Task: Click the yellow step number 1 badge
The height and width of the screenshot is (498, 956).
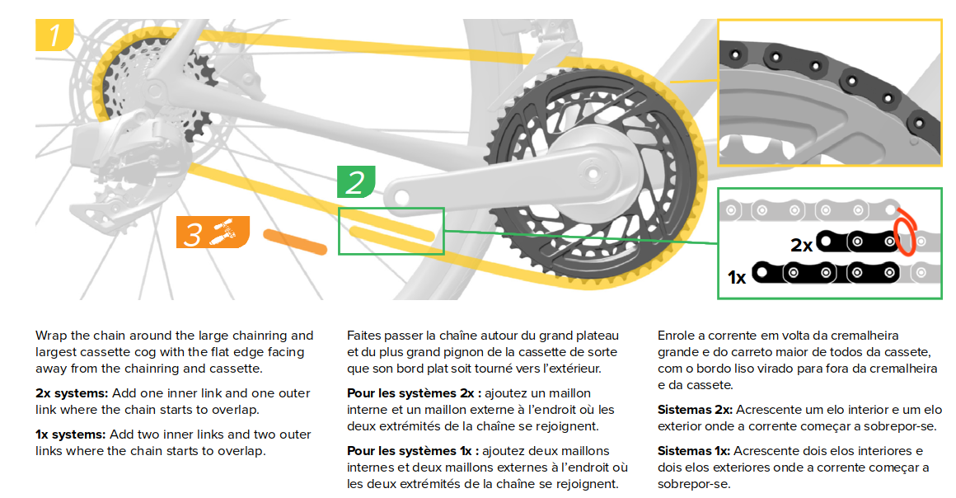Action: click(x=54, y=35)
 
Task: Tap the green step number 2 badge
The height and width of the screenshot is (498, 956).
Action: click(x=355, y=182)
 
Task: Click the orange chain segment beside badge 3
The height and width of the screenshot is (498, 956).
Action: click(x=295, y=241)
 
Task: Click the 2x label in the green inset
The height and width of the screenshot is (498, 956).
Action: click(x=801, y=245)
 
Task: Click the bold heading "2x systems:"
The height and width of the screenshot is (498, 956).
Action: click(x=73, y=393)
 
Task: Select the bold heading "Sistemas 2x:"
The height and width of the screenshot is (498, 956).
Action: click(x=694, y=410)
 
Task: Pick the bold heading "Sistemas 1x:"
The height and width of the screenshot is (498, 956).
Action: click(x=693, y=451)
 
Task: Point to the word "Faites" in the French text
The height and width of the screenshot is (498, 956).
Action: click(x=364, y=336)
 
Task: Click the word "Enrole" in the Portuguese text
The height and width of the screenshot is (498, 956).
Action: click(x=677, y=336)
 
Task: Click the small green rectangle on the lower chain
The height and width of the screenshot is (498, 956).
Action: click(x=391, y=231)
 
